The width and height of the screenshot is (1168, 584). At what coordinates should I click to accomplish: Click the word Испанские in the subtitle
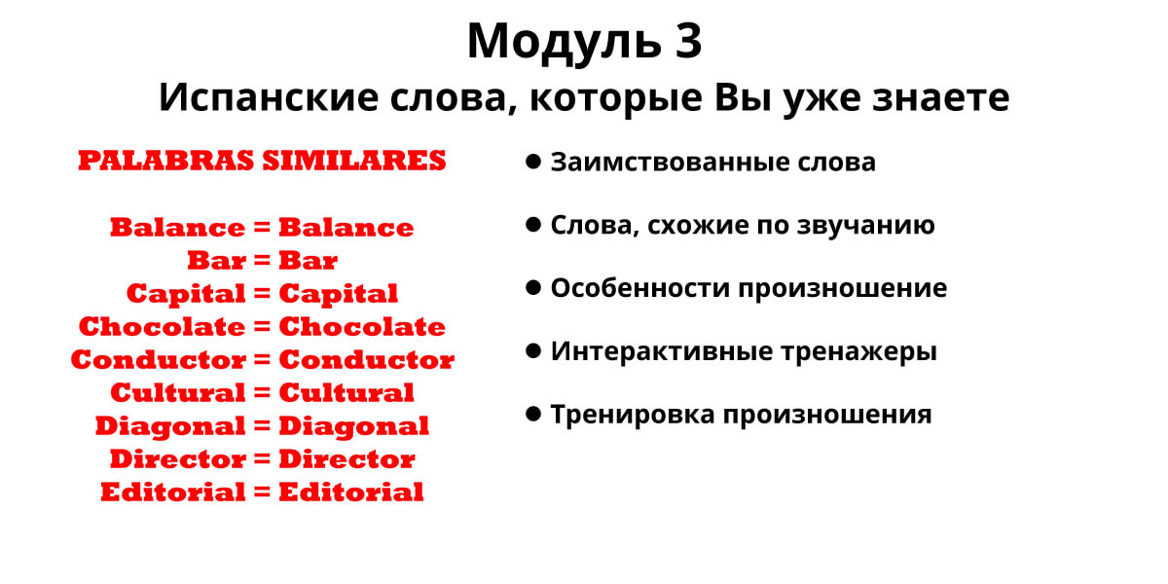tap(269, 97)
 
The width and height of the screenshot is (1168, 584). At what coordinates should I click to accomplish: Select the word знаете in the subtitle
tap(940, 97)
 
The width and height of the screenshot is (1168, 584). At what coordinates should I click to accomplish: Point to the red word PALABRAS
tap(165, 160)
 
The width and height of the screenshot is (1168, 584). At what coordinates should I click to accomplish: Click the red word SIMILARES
tap(354, 160)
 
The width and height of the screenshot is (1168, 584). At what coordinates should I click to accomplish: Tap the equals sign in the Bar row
tap(262, 260)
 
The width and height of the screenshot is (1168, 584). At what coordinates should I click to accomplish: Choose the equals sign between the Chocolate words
tap(262, 326)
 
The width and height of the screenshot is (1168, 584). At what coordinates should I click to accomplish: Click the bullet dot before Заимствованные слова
tap(533, 162)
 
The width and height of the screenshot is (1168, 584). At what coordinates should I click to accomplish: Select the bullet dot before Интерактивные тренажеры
tap(533, 351)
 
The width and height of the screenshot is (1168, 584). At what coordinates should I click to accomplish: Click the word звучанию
tap(865, 225)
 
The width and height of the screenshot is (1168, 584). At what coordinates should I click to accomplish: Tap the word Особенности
tap(640, 288)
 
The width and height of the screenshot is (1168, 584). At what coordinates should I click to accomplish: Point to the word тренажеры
tap(858, 351)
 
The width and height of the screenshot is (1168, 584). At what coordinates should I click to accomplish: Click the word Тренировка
tap(633, 415)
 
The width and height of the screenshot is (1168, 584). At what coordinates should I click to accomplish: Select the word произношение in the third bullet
tap(843, 289)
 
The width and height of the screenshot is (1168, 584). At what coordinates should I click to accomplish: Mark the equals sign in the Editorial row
tap(262, 492)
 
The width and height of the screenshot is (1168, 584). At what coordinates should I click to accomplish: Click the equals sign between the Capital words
tap(262, 293)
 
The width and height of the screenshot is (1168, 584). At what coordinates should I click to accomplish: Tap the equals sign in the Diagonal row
tap(262, 425)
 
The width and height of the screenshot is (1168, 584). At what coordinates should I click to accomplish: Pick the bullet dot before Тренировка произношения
tap(533, 414)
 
